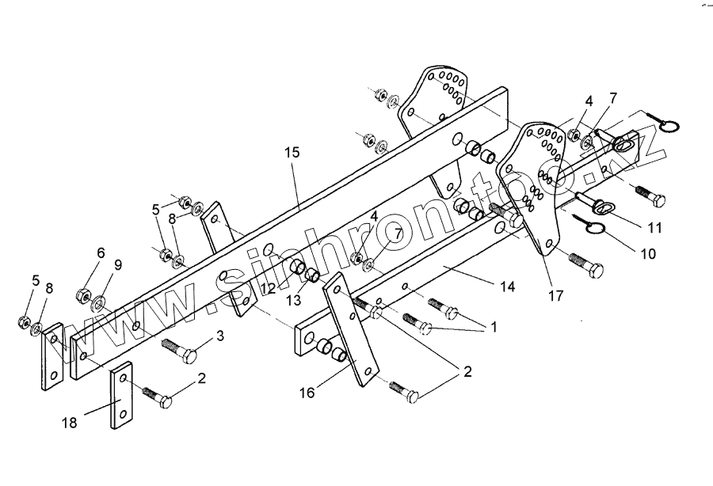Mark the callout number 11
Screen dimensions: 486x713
654,227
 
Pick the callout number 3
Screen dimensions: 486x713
220,335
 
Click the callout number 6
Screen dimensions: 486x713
100,252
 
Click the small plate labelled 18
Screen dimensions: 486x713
121,397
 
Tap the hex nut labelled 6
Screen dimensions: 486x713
82,296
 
